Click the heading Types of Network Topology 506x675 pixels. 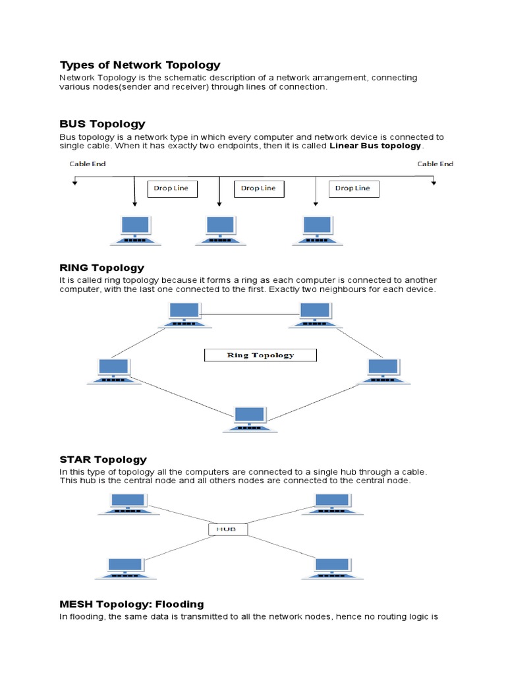pyautogui.click(x=140, y=65)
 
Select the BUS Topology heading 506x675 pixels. pyautogui.click(x=102, y=124)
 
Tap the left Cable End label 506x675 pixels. pyautogui.click(x=88, y=163)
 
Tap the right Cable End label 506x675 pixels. pyautogui.click(x=435, y=163)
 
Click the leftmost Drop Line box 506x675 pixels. pyautogui.click(x=171, y=188)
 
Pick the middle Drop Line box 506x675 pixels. pyautogui.click(x=258, y=188)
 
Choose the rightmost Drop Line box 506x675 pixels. pyautogui.click(x=352, y=188)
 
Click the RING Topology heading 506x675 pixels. pyautogui.click(x=101, y=268)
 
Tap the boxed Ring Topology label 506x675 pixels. pyautogui.click(x=260, y=355)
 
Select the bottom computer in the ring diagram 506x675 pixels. pyautogui.click(x=250, y=419)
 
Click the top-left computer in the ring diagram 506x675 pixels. pyautogui.click(x=184, y=314)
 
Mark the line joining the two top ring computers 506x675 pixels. pyautogui.click(x=250, y=314)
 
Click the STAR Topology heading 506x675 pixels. pyautogui.click(x=103, y=459)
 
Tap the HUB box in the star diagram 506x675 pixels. pyautogui.click(x=228, y=529)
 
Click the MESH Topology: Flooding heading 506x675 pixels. pyautogui.click(x=132, y=604)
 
